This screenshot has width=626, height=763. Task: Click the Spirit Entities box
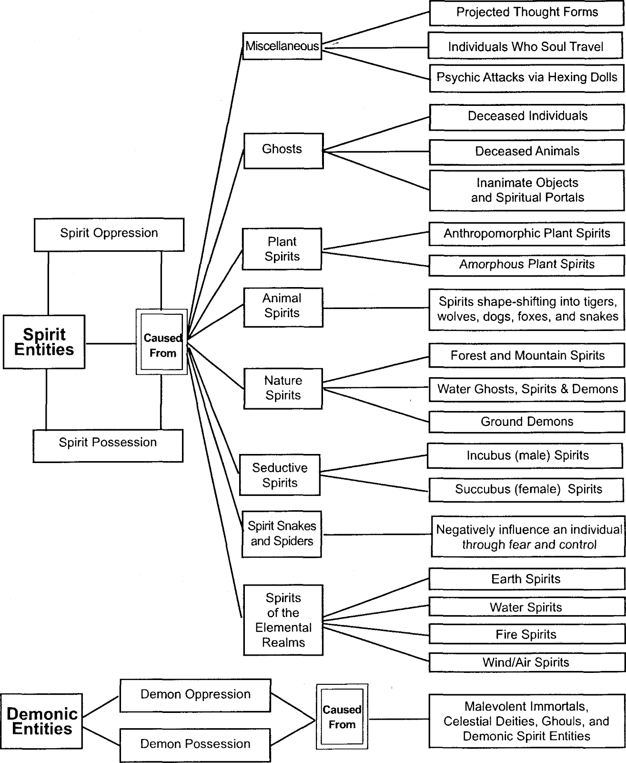pos(44,342)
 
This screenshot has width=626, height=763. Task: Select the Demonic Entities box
pos(41,721)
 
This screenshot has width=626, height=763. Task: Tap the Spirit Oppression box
pos(109,235)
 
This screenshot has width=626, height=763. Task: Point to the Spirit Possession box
pos(108,446)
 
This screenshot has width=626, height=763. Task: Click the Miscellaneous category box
pos(283,46)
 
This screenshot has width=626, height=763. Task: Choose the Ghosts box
pos(283,151)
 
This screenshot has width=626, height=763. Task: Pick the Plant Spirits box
pos(282,249)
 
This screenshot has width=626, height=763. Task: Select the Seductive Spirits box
pos(280,474)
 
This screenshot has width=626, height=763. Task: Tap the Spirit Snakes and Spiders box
pos(282,534)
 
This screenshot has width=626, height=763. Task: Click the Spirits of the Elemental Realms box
pos(283,620)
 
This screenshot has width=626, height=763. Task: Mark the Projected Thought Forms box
pos(526,13)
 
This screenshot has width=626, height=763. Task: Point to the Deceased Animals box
pos(527,152)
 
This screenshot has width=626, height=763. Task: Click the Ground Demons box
pos(527,422)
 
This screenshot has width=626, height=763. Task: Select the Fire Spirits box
pos(527,635)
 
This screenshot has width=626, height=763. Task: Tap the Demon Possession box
pos(195,744)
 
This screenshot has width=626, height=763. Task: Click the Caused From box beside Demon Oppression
pos(342,717)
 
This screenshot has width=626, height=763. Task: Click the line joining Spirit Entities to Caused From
pos(111,343)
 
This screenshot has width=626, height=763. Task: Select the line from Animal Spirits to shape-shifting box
pos(376,308)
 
